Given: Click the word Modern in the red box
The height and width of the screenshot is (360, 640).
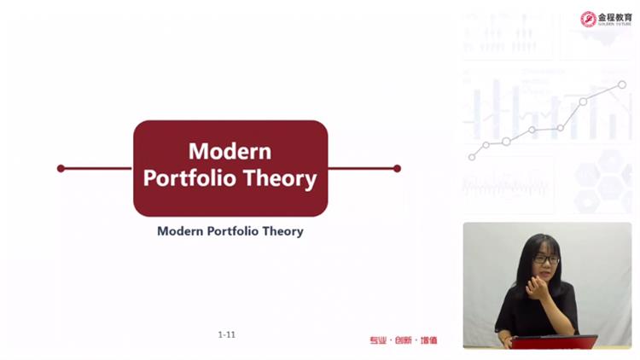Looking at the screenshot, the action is (x=230, y=152).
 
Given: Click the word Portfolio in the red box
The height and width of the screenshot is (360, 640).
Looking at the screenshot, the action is (x=189, y=178).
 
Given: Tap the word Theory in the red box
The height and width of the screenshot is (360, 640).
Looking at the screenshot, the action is (x=280, y=179).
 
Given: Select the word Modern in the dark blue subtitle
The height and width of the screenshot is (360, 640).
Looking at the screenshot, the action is (x=180, y=231).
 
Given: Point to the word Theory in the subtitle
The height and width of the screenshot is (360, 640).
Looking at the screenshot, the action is (x=282, y=231).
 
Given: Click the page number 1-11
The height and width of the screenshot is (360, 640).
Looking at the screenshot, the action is (x=226, y=334).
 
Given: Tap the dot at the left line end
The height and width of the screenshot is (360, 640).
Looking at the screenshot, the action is (x=61, y=168).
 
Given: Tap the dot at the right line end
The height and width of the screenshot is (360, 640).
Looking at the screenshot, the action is (x=397, y=169).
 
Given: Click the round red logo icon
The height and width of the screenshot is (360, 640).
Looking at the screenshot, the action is (x=588, y=19).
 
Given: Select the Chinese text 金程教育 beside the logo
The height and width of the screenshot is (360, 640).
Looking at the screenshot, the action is (x=614, y=18).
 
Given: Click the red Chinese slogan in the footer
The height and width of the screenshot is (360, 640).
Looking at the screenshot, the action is (x=404, y=340).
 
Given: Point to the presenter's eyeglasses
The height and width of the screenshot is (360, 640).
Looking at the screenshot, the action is (x=546, y=258).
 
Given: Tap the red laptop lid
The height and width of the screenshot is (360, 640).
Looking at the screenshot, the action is (x=554, y=342).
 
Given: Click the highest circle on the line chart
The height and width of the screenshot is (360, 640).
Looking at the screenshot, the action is (x=621, y=85).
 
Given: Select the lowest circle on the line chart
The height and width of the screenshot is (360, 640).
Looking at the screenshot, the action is (x=472, y=157).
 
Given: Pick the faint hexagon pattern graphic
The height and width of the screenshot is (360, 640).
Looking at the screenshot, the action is (x=602, y=182).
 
